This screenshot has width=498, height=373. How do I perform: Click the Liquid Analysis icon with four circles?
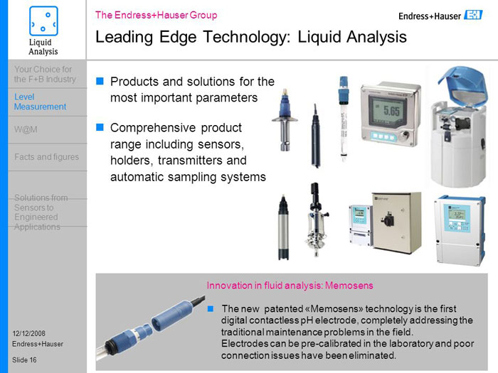[x=43, y=21]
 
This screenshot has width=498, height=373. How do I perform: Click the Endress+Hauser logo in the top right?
[x=440, y=16]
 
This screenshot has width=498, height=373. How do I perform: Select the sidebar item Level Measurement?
[x=40, y=102]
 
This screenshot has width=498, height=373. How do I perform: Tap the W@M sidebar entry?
[x=26, y=129]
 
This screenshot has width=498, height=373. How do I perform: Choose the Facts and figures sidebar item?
[x=47, y=157]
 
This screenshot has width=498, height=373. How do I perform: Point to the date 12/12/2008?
[x=29, y=333]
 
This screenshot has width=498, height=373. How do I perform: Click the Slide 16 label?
[x=24, y=360]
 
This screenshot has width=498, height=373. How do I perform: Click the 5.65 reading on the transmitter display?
[x=391, y=111]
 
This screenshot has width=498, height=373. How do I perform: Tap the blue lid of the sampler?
[x=462, y=83]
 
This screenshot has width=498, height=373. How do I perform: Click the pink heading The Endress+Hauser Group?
[x=157, y=15]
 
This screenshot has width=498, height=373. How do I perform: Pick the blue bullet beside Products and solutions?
[x=100, y=81]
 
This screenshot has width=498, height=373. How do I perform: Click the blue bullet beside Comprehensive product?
[x=100, y=127]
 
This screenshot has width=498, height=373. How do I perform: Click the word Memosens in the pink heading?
[x=349, y=286]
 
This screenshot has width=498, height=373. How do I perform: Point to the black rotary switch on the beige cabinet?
[x=388, y=219]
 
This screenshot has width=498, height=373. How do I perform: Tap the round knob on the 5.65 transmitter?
[x=404, y=136]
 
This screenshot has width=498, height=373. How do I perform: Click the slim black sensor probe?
[x=316, y=136]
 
